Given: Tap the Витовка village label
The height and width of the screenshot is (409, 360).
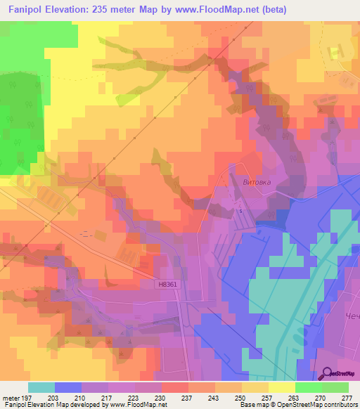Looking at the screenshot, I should [x=256, y=181].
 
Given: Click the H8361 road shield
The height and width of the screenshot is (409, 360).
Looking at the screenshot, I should [x=167, y=285].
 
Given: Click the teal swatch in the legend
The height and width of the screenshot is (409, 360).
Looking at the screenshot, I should [x=41, y=387].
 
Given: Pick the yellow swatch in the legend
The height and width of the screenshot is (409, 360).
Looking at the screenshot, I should [x=281, y=387].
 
